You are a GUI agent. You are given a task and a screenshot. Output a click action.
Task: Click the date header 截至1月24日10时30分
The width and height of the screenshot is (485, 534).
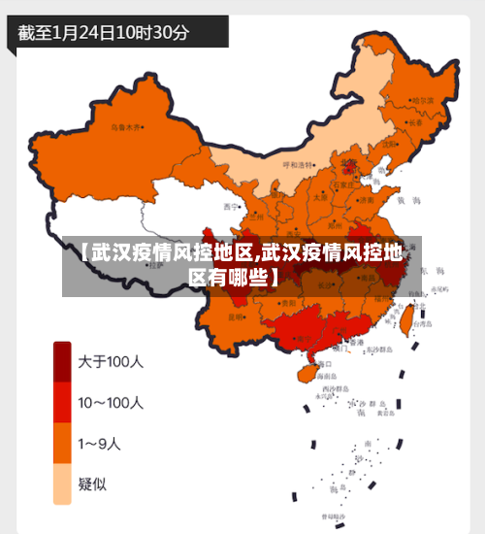click(104, 31)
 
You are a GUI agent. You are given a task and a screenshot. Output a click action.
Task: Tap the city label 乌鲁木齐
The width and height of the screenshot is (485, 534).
click(125, 127)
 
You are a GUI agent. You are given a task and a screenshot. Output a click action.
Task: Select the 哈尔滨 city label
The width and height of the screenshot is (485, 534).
click(422, 100)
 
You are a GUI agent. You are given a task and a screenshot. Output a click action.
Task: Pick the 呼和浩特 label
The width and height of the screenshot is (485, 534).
click(299, 165)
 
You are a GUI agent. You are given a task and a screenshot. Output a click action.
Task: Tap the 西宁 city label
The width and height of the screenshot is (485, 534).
click(230, 207)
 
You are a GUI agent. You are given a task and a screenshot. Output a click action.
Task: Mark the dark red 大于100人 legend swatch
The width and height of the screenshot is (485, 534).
click(62, 361)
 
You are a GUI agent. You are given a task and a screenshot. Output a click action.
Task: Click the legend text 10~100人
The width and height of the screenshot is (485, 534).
click(111, 402)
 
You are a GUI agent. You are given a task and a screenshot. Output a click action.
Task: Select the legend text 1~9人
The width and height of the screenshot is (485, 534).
click(100, 444)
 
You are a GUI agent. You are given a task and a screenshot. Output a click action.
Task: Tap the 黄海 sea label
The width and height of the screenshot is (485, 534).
click(414, 200)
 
